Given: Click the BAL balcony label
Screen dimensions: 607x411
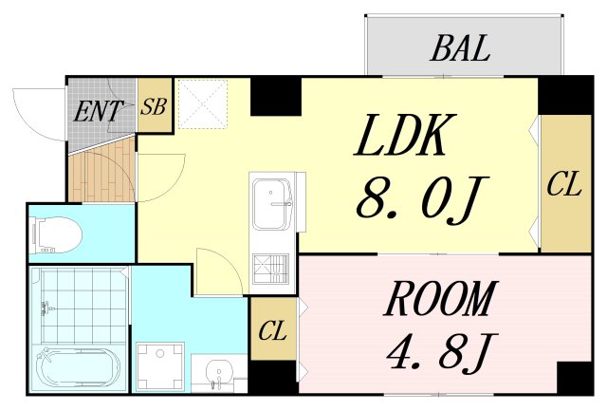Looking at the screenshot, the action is [460, 48].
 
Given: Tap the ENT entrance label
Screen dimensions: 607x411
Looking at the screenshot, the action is [98, 111].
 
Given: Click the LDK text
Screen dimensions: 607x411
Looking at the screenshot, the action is [405, 135].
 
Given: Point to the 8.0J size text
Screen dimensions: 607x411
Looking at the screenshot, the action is [422, 201].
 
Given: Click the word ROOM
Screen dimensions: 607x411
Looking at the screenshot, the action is [440, 298].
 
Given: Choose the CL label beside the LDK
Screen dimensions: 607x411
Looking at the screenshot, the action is [564, 184].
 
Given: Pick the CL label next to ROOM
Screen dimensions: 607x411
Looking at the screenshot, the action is [272, 330].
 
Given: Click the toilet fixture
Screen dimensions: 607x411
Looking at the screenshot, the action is [57, 234].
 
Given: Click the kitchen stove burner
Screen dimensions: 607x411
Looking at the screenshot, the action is [271, 268].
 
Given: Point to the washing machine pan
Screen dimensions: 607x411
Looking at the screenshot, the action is [160, 366].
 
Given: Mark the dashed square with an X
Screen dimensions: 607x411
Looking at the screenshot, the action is [203, 103].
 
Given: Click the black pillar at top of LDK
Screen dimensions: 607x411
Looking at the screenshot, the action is [276, 97].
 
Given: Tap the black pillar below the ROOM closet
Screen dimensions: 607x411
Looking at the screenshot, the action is [274, 377].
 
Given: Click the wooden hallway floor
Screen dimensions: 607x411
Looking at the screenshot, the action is [102, 173].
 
